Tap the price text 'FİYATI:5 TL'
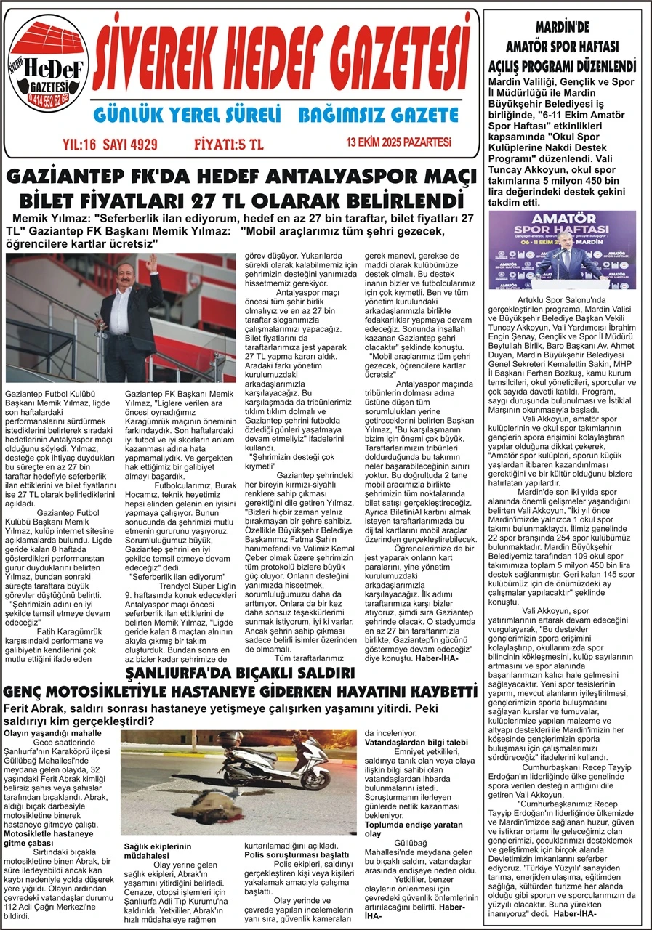(229, 144)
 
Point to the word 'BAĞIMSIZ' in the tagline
(340, 116)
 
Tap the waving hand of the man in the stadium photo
(150, 263)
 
